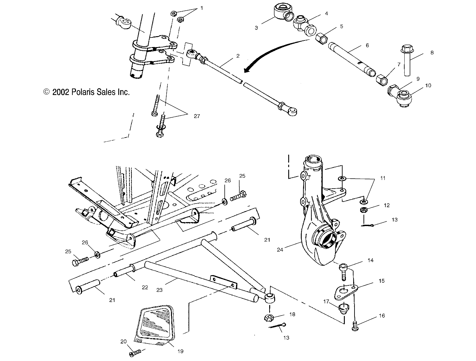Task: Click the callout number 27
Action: pyautogui.click(x=197, y=116)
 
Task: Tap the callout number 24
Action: pyautogui.click(x=280, y=250)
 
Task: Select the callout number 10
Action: pyautogui.click(x=428, y=86)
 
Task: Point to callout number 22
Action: pyautogui.click(x=145, y=287)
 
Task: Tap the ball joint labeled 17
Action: pyautogui.click(x=342, y=309)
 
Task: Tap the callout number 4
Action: pyautogui.click(x=326, y=14)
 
